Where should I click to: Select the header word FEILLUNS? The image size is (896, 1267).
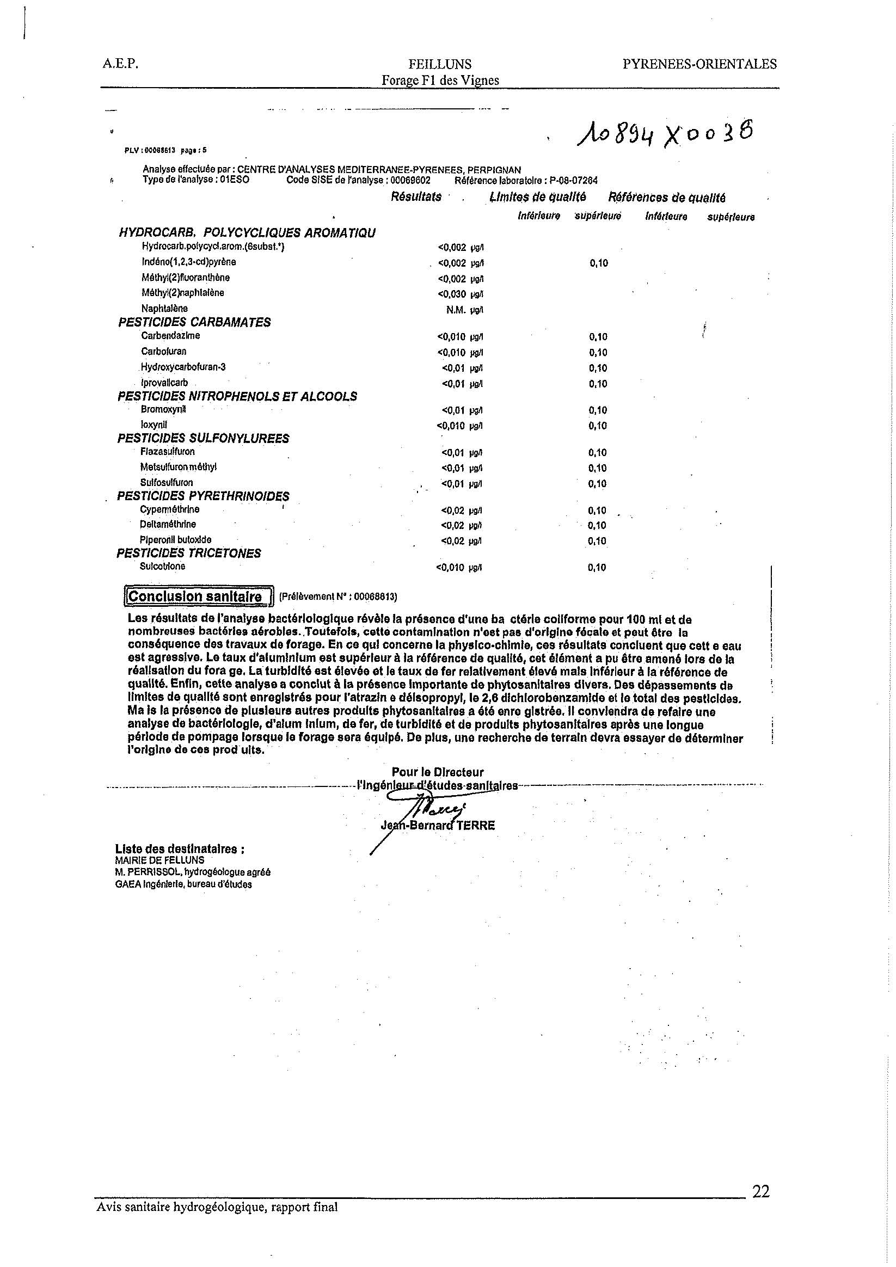[440, 65]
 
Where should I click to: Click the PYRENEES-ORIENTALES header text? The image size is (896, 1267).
[699, 64]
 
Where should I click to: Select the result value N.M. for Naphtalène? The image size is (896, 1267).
[457, 310]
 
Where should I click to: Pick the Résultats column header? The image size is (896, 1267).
[416, 197]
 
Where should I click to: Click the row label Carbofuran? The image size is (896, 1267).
[164, 351]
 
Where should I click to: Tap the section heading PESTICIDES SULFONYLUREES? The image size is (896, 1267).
[203, 438]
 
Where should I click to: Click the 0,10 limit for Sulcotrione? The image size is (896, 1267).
[597, 567]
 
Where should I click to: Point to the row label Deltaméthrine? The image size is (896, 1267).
[168, 524]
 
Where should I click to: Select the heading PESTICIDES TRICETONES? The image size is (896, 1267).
[189, 553]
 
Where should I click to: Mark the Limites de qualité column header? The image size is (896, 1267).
[538, 197]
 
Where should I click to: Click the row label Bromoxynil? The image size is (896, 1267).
[163, 409]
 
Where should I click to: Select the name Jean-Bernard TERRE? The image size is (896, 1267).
[438, 826]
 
